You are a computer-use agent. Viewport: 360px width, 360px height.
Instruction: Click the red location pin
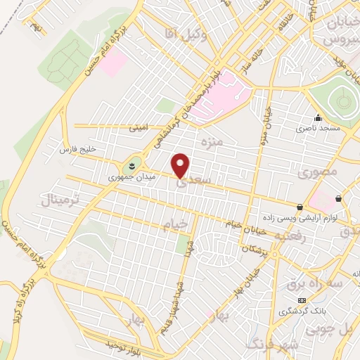coord(181,165)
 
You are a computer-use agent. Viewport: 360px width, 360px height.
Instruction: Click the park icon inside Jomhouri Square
coord(130,166)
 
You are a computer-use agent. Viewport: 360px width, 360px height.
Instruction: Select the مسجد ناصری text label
coord(317,129)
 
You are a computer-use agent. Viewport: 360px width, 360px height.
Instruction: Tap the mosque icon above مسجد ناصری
coord(318,118)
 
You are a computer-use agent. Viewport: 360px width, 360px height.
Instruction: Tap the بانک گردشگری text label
coord(302,310)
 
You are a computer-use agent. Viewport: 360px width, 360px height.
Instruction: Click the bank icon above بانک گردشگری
coord(302,300)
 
